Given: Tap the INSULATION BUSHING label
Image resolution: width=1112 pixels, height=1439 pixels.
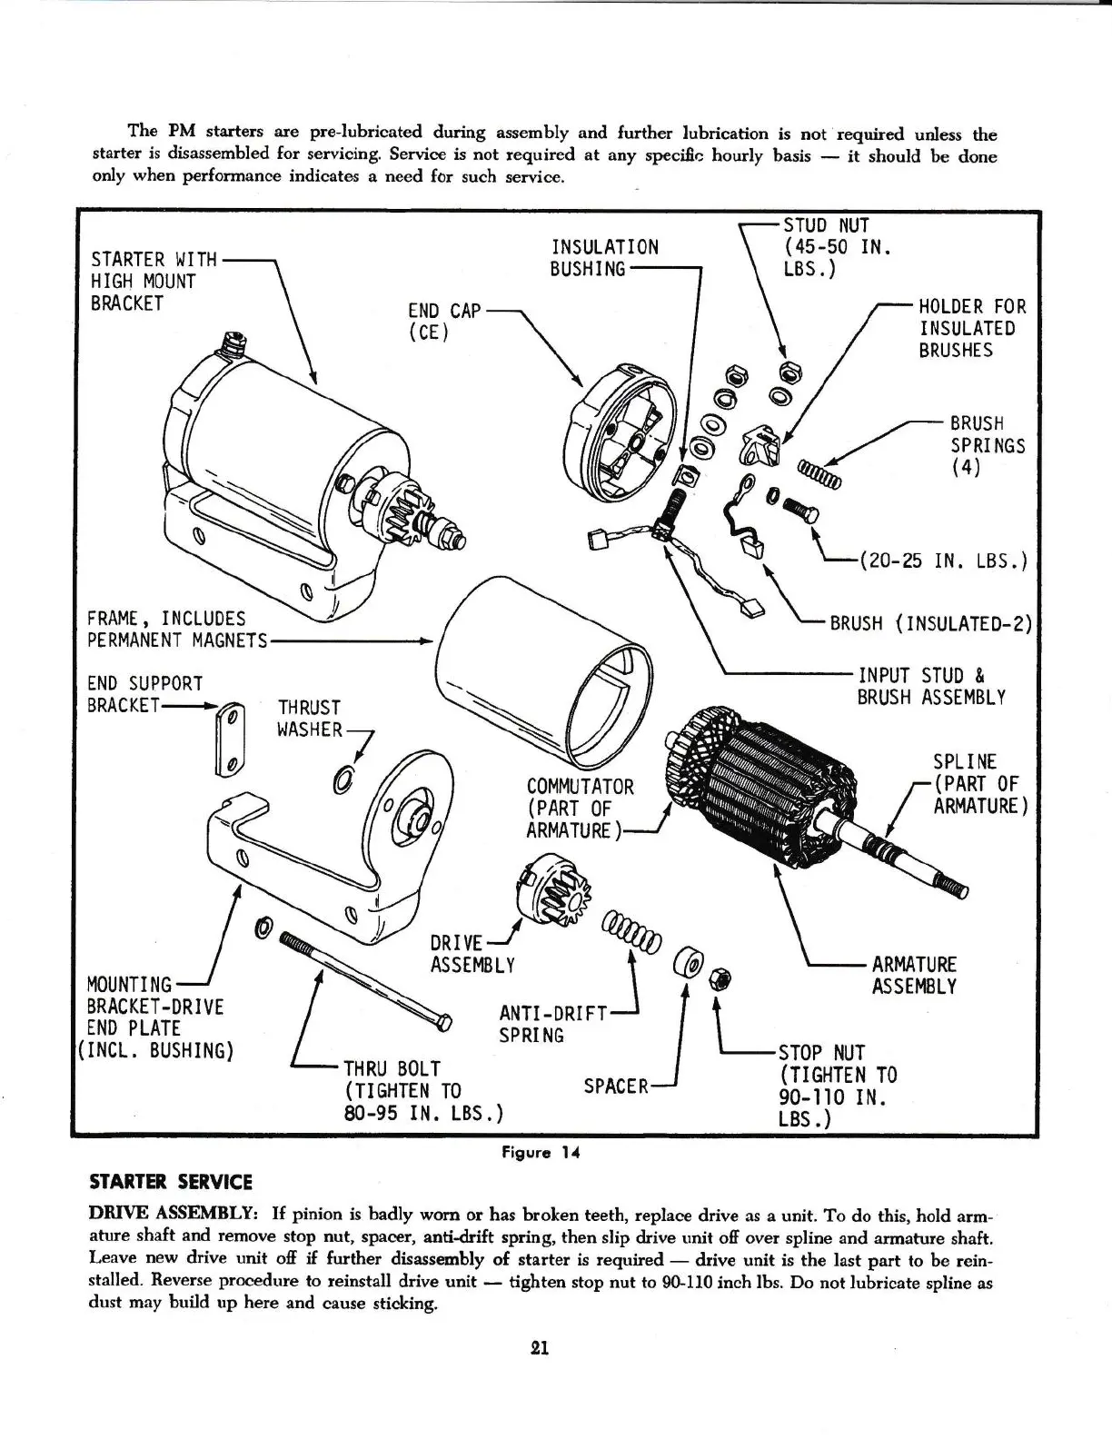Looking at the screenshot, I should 604,258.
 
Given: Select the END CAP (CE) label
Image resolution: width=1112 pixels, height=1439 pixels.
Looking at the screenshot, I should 444,321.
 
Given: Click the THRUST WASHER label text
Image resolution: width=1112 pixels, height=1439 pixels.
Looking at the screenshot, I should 310,719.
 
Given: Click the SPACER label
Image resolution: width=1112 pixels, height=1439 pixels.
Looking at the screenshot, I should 615,1086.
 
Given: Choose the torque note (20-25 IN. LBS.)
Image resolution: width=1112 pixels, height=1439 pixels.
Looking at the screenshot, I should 940,561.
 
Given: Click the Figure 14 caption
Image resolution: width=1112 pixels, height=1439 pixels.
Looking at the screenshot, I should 541,1153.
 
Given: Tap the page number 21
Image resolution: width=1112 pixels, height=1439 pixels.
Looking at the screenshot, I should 539,1348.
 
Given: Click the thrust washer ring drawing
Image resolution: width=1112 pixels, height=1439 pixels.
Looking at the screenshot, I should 344,779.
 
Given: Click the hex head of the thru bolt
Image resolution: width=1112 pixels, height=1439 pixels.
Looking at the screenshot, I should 443,1024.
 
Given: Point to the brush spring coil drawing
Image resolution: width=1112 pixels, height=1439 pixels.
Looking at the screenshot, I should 819,472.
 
